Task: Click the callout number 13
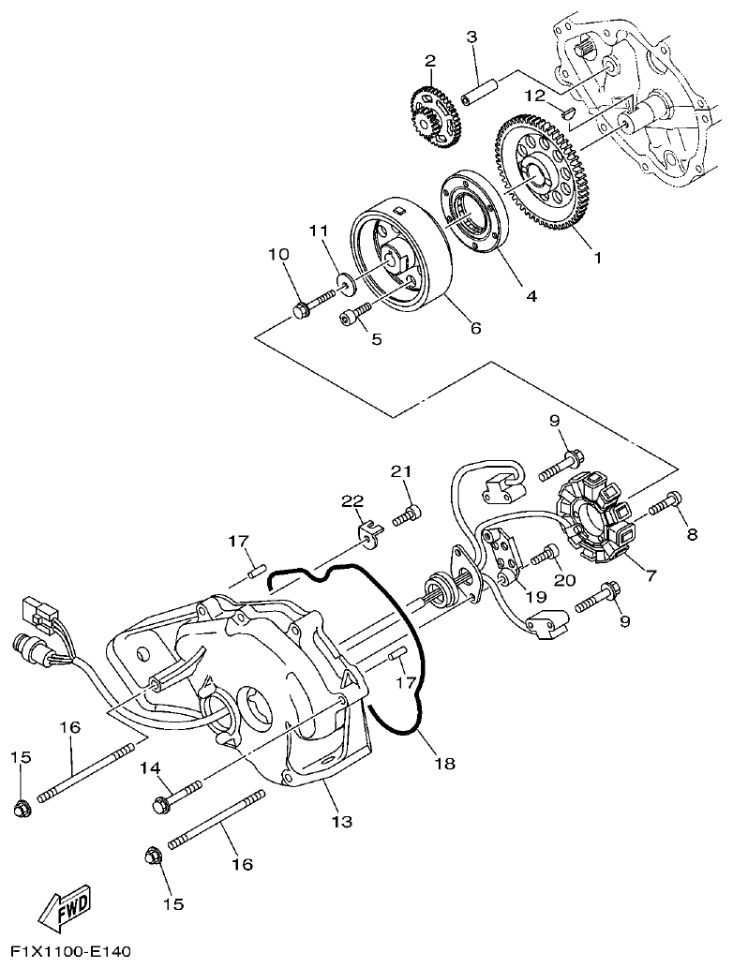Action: click(x=342, y=822)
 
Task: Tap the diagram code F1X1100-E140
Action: click(x=66, y=952)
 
